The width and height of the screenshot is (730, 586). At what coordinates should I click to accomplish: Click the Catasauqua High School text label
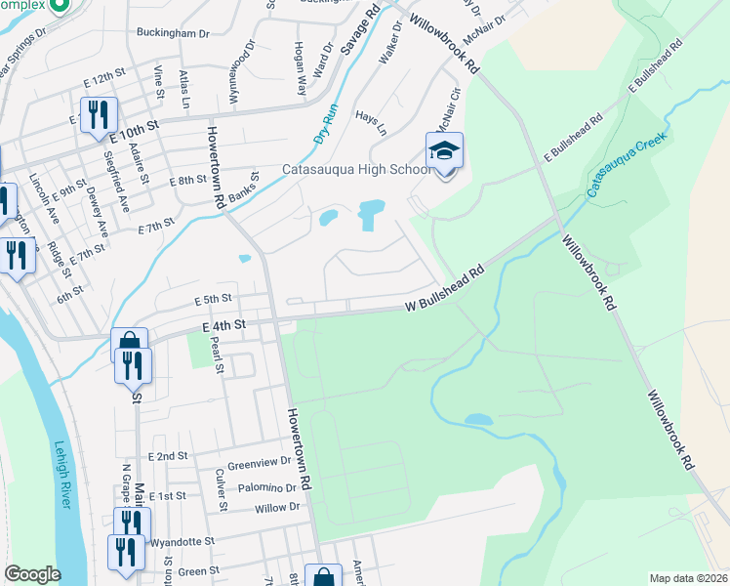(x=355, y=168)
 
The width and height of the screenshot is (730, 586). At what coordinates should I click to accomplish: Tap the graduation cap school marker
(x=444, y=151)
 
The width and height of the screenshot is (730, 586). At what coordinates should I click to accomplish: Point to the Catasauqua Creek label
(x=629, y=165)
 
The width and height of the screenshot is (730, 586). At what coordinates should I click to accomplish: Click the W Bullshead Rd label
(x=445, y=293)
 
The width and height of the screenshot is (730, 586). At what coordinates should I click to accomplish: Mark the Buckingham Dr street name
(x=177, y=32)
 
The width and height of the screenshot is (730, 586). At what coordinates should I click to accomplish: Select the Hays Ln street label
(x=371, y=122)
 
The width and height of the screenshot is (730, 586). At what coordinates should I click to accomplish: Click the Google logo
(x=32, y=574)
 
